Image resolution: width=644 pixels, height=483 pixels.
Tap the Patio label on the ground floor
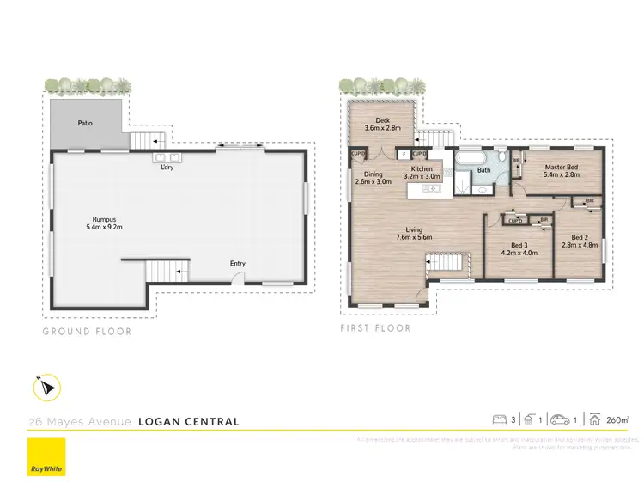[x=85, y=123]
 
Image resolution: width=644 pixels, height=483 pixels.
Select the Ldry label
[x=167, y=168]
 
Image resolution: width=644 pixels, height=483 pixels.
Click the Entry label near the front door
[x=238, y=263]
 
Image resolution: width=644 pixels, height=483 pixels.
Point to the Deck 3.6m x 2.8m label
[x=381, y=123]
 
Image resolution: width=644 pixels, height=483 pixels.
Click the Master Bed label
[x=562, y=169]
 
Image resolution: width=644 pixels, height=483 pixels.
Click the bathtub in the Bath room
[x=470, y=159]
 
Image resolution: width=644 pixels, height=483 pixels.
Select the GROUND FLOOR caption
[x=87, y=330]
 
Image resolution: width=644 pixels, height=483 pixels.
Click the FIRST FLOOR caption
[x=375, y=328]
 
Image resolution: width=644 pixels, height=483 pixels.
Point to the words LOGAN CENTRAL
[x=189, y=422]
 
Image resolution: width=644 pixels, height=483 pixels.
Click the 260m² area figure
[x=617, y=419]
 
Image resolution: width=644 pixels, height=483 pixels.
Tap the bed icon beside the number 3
[x=498, y=419]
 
